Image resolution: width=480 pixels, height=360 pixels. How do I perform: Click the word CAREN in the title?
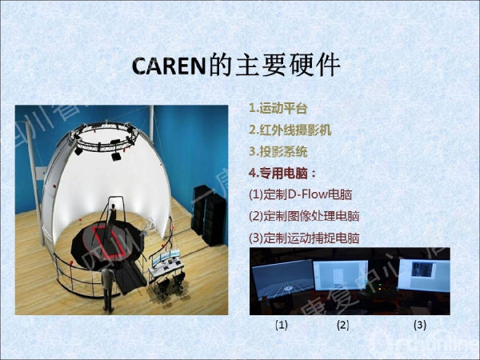[169, 65]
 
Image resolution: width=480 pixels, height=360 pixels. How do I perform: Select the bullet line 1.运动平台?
[278, 108]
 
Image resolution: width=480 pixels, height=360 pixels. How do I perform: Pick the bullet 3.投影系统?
[278, 151]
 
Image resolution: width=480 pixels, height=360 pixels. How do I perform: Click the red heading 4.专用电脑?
[282, 172]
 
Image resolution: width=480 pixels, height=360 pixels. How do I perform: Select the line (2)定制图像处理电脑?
[304, 215]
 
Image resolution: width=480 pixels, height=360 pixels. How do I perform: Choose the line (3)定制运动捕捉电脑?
[304, 237]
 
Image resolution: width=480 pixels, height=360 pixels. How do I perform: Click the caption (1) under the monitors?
[282, 325]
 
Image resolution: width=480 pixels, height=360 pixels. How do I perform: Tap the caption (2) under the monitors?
[343, 325]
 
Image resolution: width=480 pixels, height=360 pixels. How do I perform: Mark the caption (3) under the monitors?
[419, 325]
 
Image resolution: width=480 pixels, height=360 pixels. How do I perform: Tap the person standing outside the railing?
[106, 288]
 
